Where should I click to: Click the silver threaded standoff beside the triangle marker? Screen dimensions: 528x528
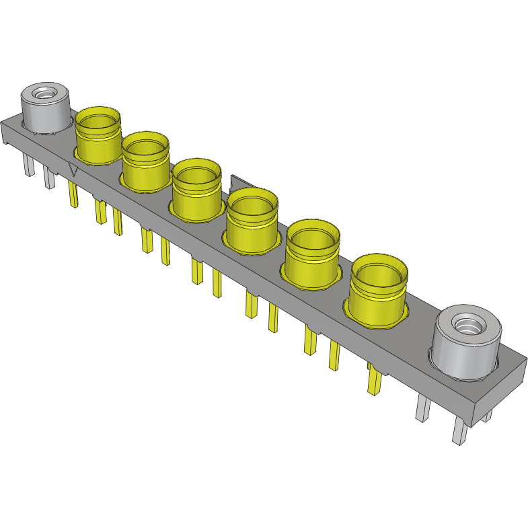coord(45,108)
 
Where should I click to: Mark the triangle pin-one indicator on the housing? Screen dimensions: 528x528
coord(75,171)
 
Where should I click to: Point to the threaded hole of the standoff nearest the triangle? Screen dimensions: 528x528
coord(46,93)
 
